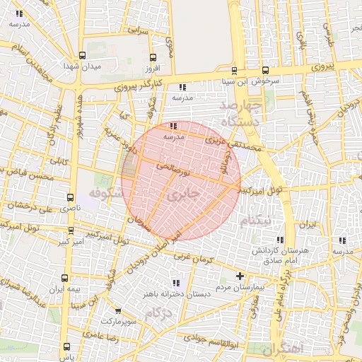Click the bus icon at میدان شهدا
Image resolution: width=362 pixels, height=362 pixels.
[x=83, y=55]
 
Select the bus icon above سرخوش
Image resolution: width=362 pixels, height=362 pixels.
[x=265, y=70]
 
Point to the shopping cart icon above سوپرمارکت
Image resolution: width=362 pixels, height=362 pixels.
[x=118, y=310]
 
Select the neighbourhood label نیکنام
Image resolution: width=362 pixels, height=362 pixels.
[x=255, y=221]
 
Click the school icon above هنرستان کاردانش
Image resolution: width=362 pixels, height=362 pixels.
[x=281, y=240]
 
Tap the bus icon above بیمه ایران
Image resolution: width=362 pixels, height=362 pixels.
[x=65, y=278]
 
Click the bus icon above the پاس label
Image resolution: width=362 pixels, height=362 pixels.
[x=67, y=347]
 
